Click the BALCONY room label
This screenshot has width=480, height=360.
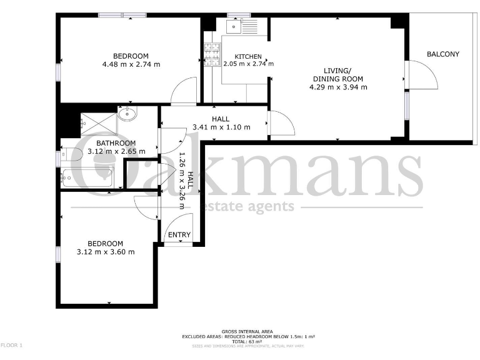point(442,54)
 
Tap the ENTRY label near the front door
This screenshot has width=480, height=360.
point(179,235)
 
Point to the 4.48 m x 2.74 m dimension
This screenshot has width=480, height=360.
point(131,64)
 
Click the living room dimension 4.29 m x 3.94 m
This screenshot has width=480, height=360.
point(337,87)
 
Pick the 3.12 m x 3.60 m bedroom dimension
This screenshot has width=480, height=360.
point(105,252)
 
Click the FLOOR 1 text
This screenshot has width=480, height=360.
point(11,345)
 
